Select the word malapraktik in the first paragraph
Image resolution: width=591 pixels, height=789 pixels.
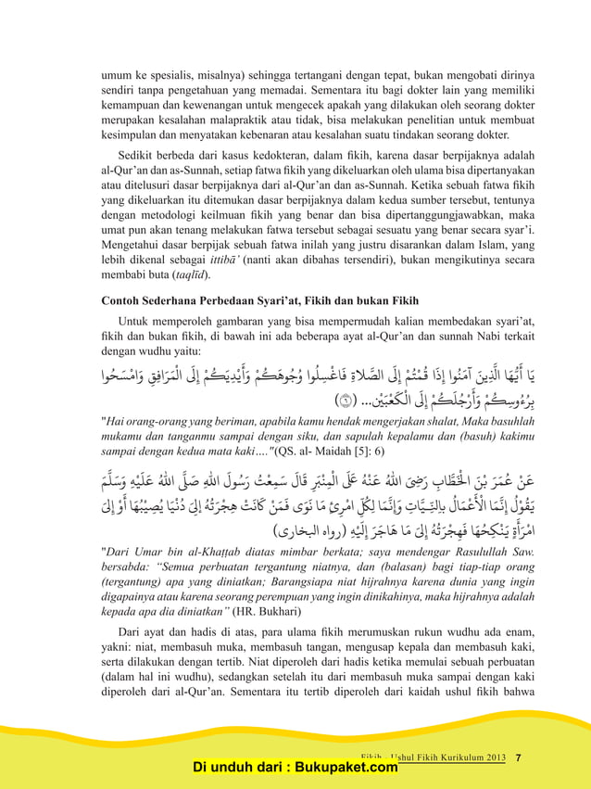[247, 120]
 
